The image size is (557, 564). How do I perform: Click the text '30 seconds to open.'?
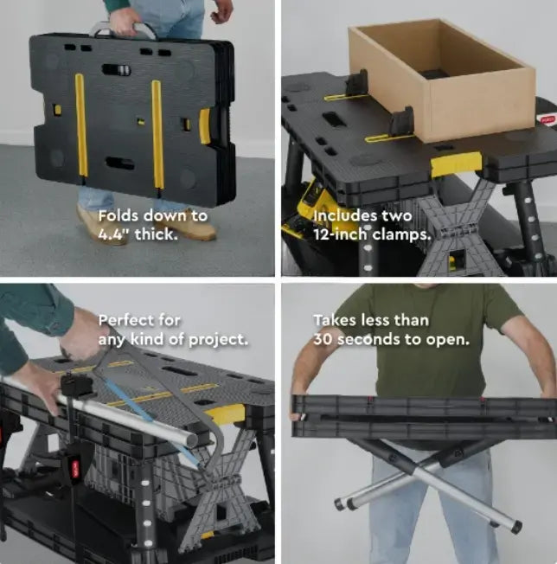coord(391,339)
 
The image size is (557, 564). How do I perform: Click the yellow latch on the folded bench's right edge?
coord(205,125)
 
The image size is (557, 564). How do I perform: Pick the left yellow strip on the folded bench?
coord(80,130)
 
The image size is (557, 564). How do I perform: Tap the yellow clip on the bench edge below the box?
coord(456,163)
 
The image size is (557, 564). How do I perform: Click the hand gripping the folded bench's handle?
coord(125,18)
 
